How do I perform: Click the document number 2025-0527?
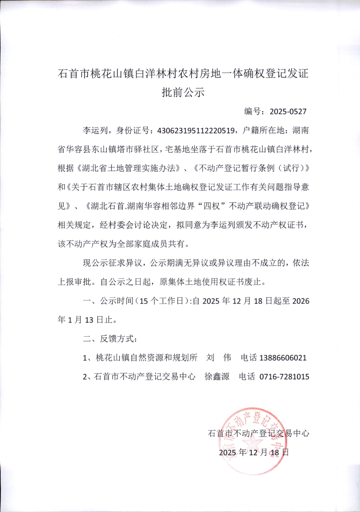click(x=288, y=111)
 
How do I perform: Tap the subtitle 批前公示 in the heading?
click(x=183, y=92)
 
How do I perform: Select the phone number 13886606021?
click(x=283, y=358)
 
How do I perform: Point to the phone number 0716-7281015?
click(x=284, y=377)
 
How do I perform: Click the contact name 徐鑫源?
click(x=217, y=377)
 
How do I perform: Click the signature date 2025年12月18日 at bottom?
click(x=254, y=452)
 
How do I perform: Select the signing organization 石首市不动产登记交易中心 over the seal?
click(x=258, y=433)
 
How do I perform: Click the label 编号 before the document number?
click(x=253, y=111)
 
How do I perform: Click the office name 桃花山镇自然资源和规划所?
click(x=146, y=358)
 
